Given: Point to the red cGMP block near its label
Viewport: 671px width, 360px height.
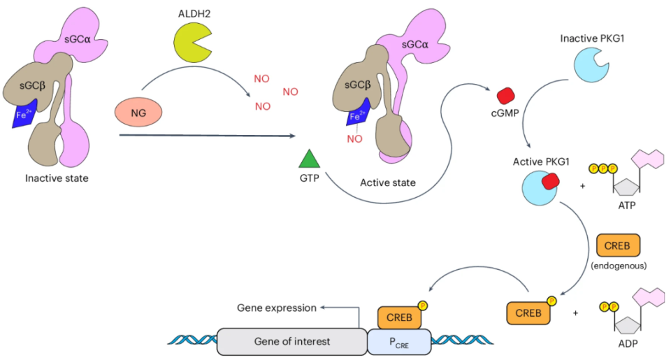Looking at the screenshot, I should click(505, 96).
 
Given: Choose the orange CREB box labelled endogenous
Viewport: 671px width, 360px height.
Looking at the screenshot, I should click(618, 245).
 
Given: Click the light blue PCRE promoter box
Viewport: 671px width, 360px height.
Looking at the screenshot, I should click(398, 341).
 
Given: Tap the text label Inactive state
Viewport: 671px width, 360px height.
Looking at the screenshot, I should click(57, 178).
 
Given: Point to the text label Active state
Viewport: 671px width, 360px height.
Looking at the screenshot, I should click(388, 183).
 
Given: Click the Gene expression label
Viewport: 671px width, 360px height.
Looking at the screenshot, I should click(276, 308).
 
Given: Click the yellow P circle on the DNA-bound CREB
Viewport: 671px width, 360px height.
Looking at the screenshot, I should click(423, 305).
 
